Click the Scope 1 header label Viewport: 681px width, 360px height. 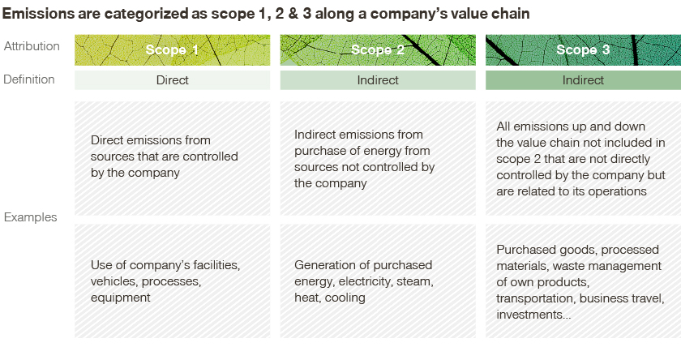tap(172, 50)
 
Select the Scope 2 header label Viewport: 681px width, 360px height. tap(378, 50)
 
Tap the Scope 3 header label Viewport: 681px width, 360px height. tap(583, 50)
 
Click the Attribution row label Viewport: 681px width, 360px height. tap(32, 46)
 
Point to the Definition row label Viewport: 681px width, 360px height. tap(29, 79)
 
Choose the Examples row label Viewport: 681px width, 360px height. tap(31, 217)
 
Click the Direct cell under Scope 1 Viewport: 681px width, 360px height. tap(173, 80)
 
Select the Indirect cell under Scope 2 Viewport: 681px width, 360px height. tap(378, 80)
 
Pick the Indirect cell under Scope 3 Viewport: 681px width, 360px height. tap(583, 80)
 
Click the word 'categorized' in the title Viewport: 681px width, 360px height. tap(147, 14)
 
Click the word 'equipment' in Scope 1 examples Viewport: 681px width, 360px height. tap(120, 298)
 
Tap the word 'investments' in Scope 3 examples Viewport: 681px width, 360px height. tap(529, 315)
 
